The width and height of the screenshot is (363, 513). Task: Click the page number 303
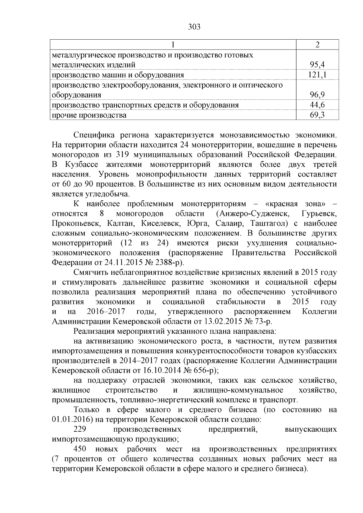pos(194,27)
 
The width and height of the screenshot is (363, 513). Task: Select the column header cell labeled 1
pos(173,44)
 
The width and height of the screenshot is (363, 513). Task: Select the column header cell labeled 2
pos(317,44)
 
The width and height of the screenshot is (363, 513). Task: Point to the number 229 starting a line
pos(80,429)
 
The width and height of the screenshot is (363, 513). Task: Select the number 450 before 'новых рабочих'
pos(80,449)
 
